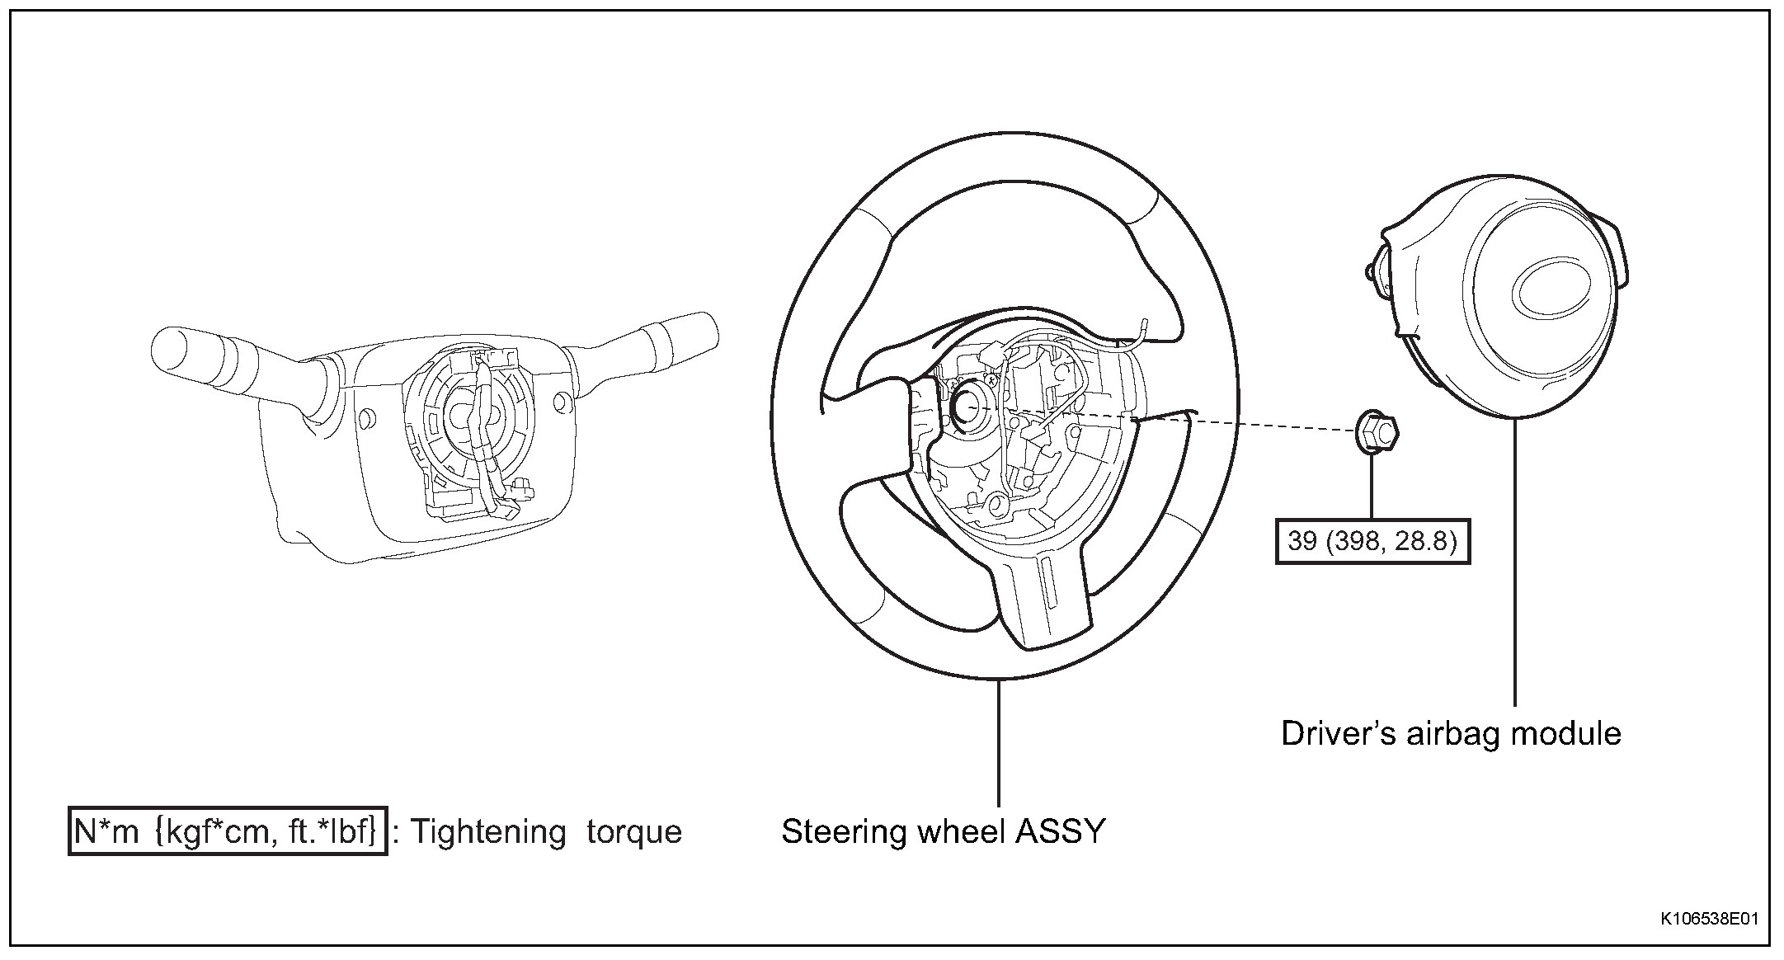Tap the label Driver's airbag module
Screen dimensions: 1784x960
pos(1451,733)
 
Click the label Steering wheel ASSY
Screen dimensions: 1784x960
pos(943,831)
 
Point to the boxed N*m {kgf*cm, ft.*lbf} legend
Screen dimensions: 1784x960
pos(227,831)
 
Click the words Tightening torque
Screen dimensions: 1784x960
pos(546,831)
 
